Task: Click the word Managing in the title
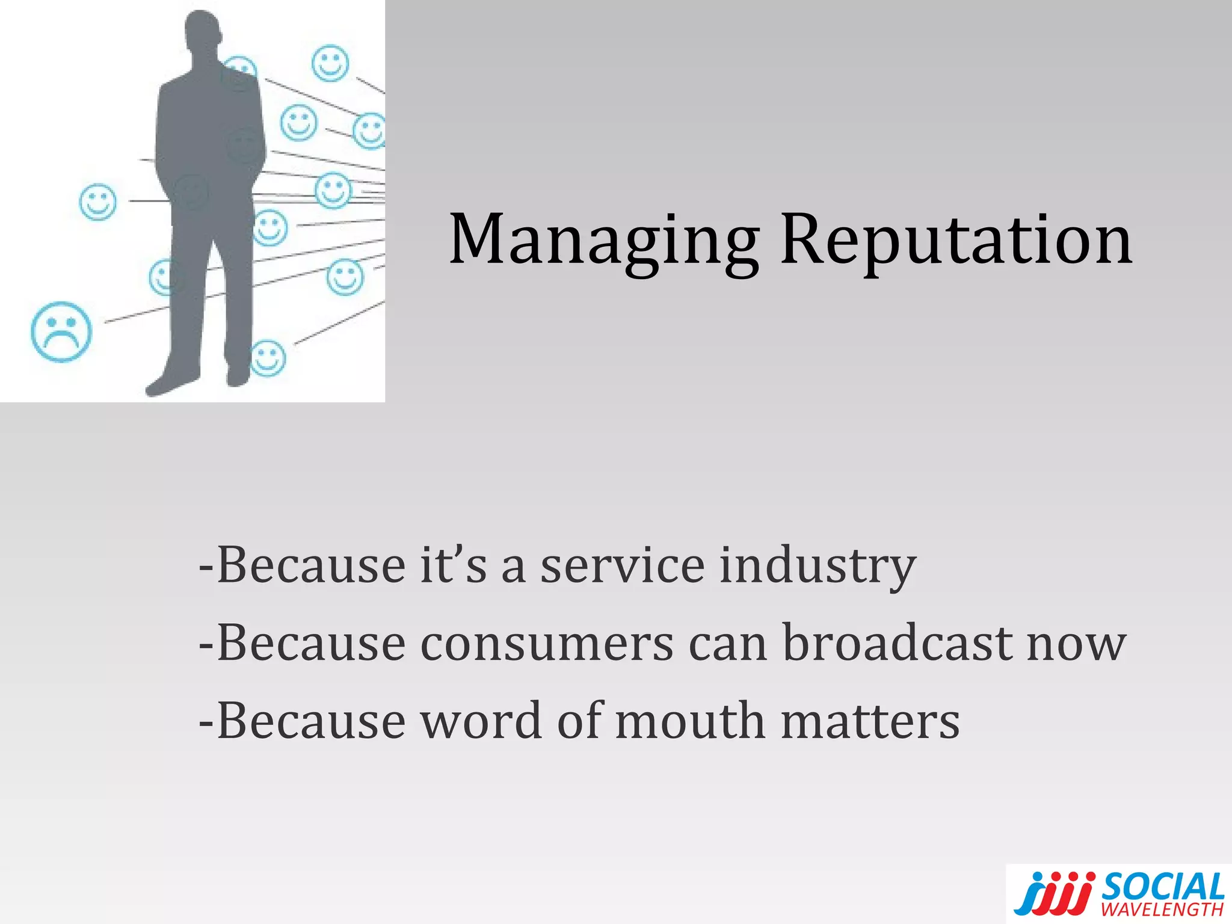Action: click(x=604, y=241)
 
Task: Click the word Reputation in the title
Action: click(x=956, y=241)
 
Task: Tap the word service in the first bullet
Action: click(x=622, y=566)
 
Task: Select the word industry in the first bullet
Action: click(x=818, y=566)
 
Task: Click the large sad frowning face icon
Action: click(x=61, y=331)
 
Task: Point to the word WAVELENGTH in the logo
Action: click(x=1162, y=909)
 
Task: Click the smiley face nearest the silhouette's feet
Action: click(x=268, y=357)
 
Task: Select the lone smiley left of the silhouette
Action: click(x=98, y=202)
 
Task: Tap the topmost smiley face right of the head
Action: click(x=330, y=63)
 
